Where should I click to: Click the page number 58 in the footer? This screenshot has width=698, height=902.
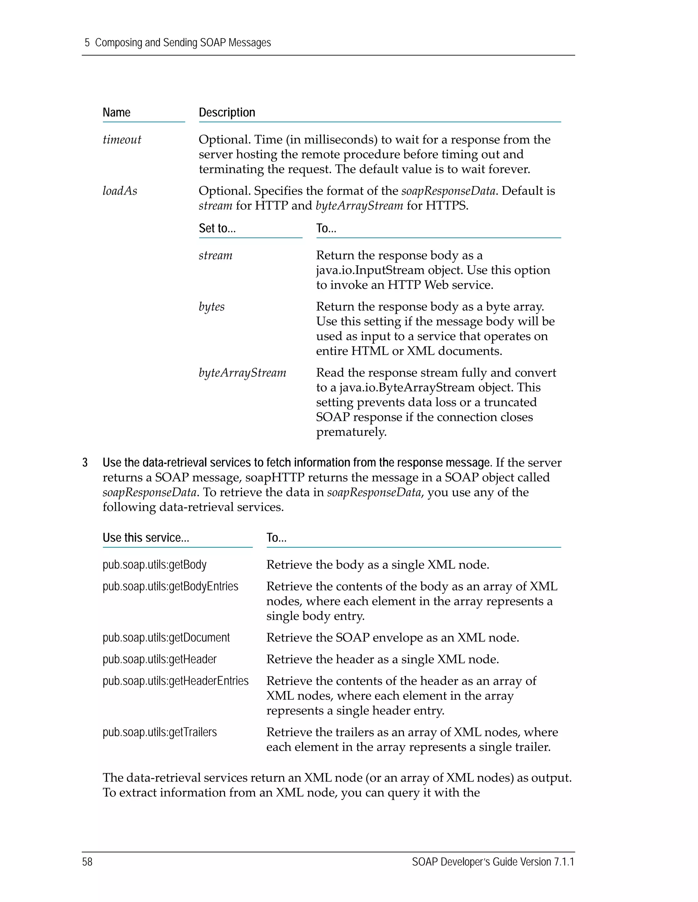pos(87,861)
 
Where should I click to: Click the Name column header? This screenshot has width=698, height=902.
pos(116,112)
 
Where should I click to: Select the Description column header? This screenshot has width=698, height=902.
pos(227,112)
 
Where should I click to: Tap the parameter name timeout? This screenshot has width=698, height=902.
pos(122,140)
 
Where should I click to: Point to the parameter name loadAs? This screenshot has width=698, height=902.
pos(120,191)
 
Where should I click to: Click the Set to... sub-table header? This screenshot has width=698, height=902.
pos(217,228)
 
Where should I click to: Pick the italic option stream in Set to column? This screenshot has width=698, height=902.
pos(215,255)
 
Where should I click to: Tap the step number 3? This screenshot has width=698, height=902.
pos(85,463)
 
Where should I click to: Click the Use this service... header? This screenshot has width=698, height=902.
pos(146,537)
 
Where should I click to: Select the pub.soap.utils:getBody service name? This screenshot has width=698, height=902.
pos(154,565)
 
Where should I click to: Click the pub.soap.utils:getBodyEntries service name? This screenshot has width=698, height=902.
pos(170,586)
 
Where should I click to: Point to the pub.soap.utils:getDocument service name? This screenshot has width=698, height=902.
pos(166,637)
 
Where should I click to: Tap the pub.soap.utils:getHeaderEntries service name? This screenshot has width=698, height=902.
pos(175,681)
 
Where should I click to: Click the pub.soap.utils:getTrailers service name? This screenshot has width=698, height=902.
pos(159,732)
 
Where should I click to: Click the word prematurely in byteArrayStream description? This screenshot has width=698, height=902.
pos(351,432)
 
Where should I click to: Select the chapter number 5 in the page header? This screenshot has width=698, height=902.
pos(87,43)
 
